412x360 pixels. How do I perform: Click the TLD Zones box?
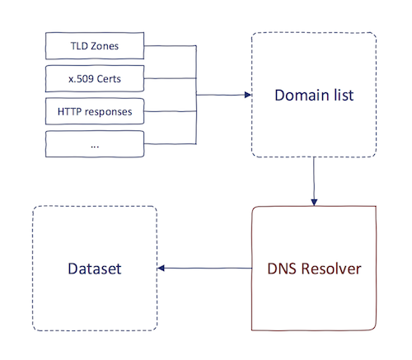pyautogui.click(x=95, y=46)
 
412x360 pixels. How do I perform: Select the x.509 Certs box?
pyautogui.click(x=95, y=77)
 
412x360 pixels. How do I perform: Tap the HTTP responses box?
pyautogui.click(x=95, y=110)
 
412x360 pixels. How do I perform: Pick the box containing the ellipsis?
pyautogui.click(x=95, y=143)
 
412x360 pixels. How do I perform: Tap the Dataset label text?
pyautogui.click(x=95, y=269)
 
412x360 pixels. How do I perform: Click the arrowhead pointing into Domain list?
pyautogui.click(x=247, y=95)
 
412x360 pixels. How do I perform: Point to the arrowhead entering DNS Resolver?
pyautogui.click(x=313, y=200)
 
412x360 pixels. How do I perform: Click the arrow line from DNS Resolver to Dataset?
pyautogui.click(x=206, y=269)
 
